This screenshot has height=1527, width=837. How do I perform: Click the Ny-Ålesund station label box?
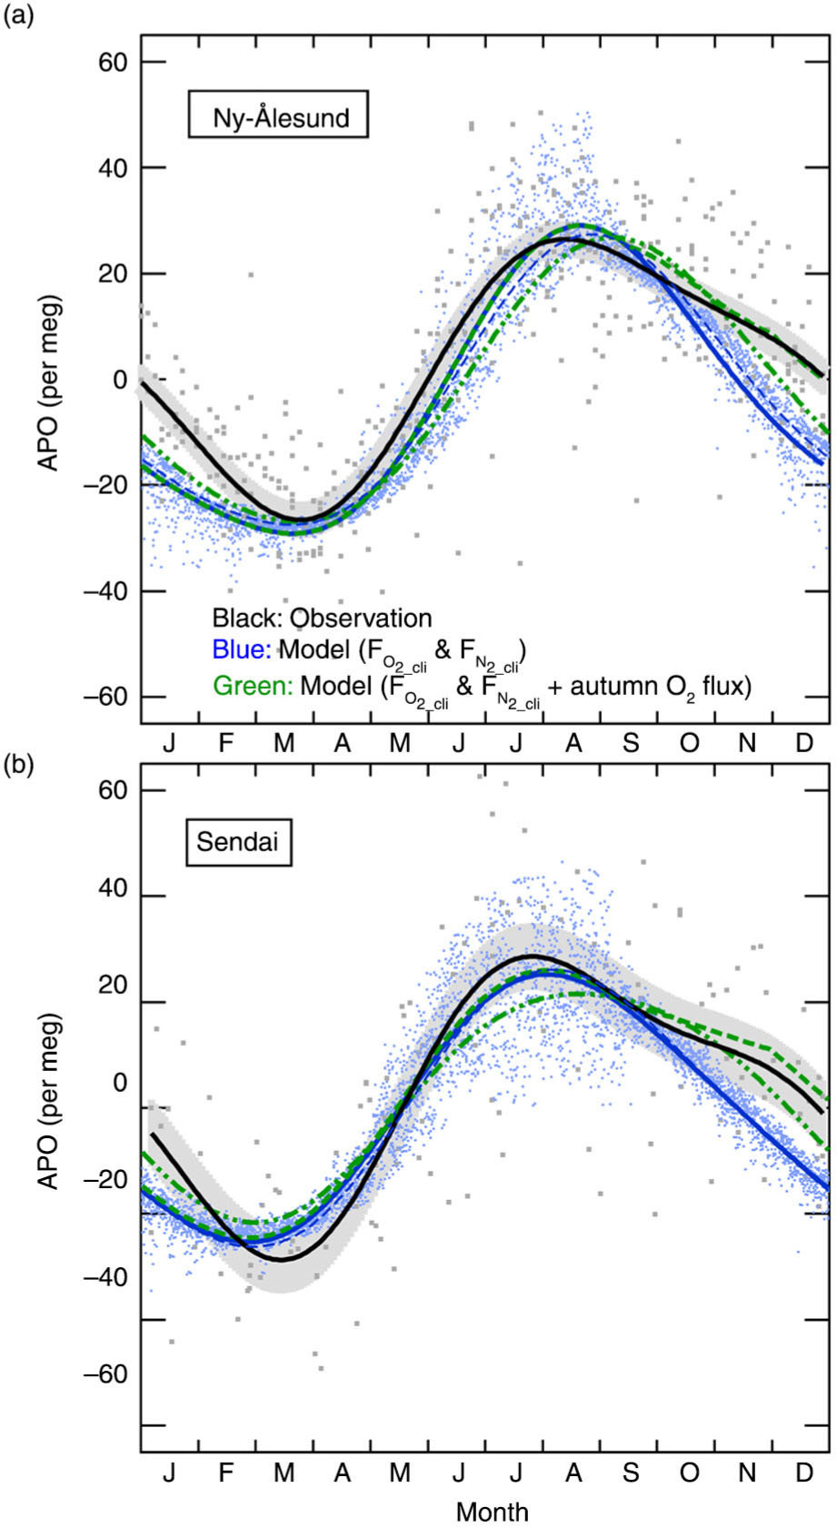tap(278, 114)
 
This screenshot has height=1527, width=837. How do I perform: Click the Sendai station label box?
tap(239, 842)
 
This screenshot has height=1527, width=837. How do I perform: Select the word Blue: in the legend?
tap(242, 649)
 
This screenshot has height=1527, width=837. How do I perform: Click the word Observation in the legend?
tap(361, 618)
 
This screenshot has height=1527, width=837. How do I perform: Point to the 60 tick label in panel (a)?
tap(113, 62)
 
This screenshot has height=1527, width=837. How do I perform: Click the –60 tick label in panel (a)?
tap(105, 698)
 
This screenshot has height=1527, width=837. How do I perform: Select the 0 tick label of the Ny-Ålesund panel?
tap(121, 380)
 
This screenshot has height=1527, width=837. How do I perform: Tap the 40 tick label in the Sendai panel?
tap(113, 888)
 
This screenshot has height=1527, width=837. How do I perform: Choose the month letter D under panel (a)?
tap(805, 742)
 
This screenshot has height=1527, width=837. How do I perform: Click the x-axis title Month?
tap(492, 1512)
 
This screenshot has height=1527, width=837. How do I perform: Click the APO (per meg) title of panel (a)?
tap(49, 382)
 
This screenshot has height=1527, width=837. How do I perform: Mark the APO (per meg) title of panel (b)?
tap(49, 1101)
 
